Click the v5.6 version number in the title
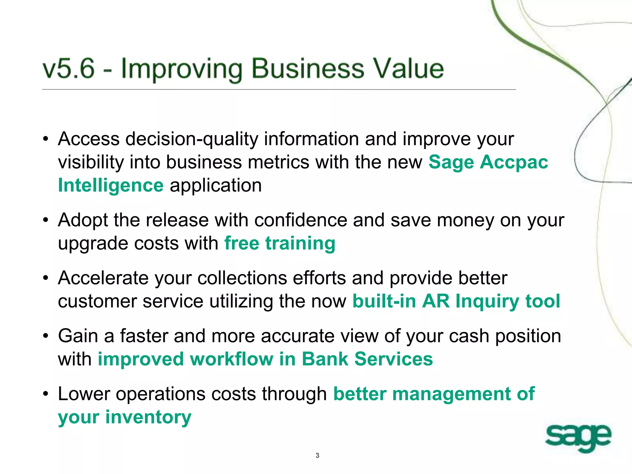pyautogui.click(x=69, y=69)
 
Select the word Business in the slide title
pyautogui.click(x=308, y=69)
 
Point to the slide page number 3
pyautogui.click(x=317, y=455)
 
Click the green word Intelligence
pyautogui.click(x=110, y=185)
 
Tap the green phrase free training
pyautogui.click(x=280, y=243)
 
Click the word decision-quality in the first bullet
pyautogui.click(x=192, y=139)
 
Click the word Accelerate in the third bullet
pyautogui.click(x=103, y=278)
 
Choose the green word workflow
pyautogui.click(x=231, y=359)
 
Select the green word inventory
pyautogui.click(x=148, y=417)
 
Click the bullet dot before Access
pyautogui.click(x=46, y=139)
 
